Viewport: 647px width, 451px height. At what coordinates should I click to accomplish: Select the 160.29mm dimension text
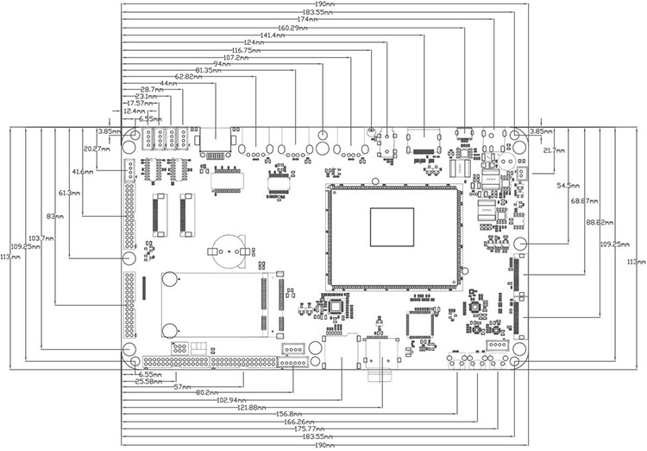point(293,28)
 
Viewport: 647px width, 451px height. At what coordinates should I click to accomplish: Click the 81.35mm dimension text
point(211,69)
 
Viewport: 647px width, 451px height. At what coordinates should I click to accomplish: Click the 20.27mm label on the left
point(97,149)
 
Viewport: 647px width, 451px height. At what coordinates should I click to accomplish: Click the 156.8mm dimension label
point(289,414)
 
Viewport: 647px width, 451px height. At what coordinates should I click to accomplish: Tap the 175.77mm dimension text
point(309,429)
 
